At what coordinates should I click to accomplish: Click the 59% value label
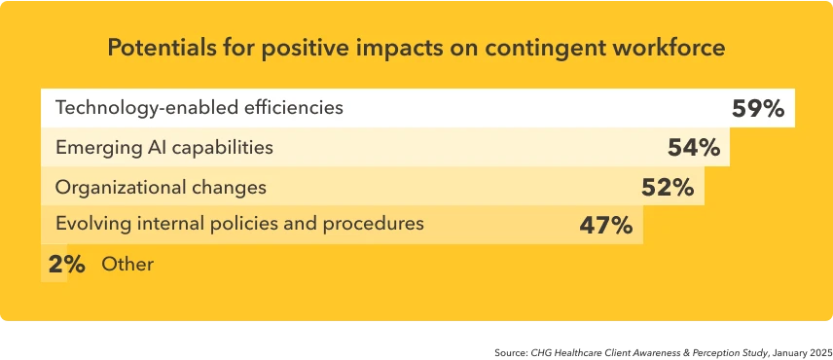point(757,109)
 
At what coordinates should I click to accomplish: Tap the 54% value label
point(693,148)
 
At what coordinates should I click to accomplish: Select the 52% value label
point(667,187)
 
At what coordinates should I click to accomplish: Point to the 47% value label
point(605,226)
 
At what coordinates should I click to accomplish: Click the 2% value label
point(65,264)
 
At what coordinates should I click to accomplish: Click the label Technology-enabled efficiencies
point(199,108)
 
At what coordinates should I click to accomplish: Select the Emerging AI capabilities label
point(164,148)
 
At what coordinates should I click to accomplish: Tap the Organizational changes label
point(161,187)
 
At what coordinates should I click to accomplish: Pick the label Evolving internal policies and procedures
point(239,224)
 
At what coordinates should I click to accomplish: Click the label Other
point(127,264)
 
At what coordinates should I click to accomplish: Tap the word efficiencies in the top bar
point(297,108)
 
